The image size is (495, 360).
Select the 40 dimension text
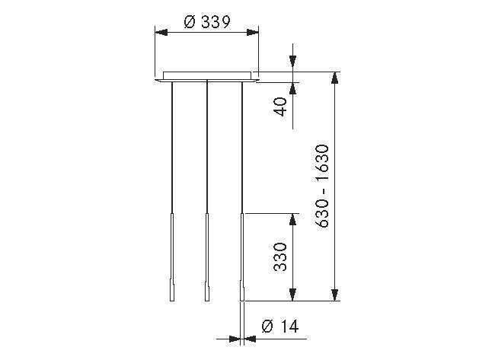pyautogui.click(x=280, y=107)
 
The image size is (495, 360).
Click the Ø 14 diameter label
pyautogui.click(x=279, y=327)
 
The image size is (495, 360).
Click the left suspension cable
pyautogui.click(x=172, y=145)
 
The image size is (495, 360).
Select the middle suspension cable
pyautogui.click(x=207, y=145)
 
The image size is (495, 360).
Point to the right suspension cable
pyautogui.click(x=243, y=145)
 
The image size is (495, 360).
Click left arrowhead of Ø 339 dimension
pyautogui.click(x=160, y=32)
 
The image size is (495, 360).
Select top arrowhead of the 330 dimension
pyautogui.click(x=292, y=218)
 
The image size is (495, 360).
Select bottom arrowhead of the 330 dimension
pyautogui.click(x=292, y=297)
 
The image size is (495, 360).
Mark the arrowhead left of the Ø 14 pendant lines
pyautogui.click(x=236, y=336)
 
